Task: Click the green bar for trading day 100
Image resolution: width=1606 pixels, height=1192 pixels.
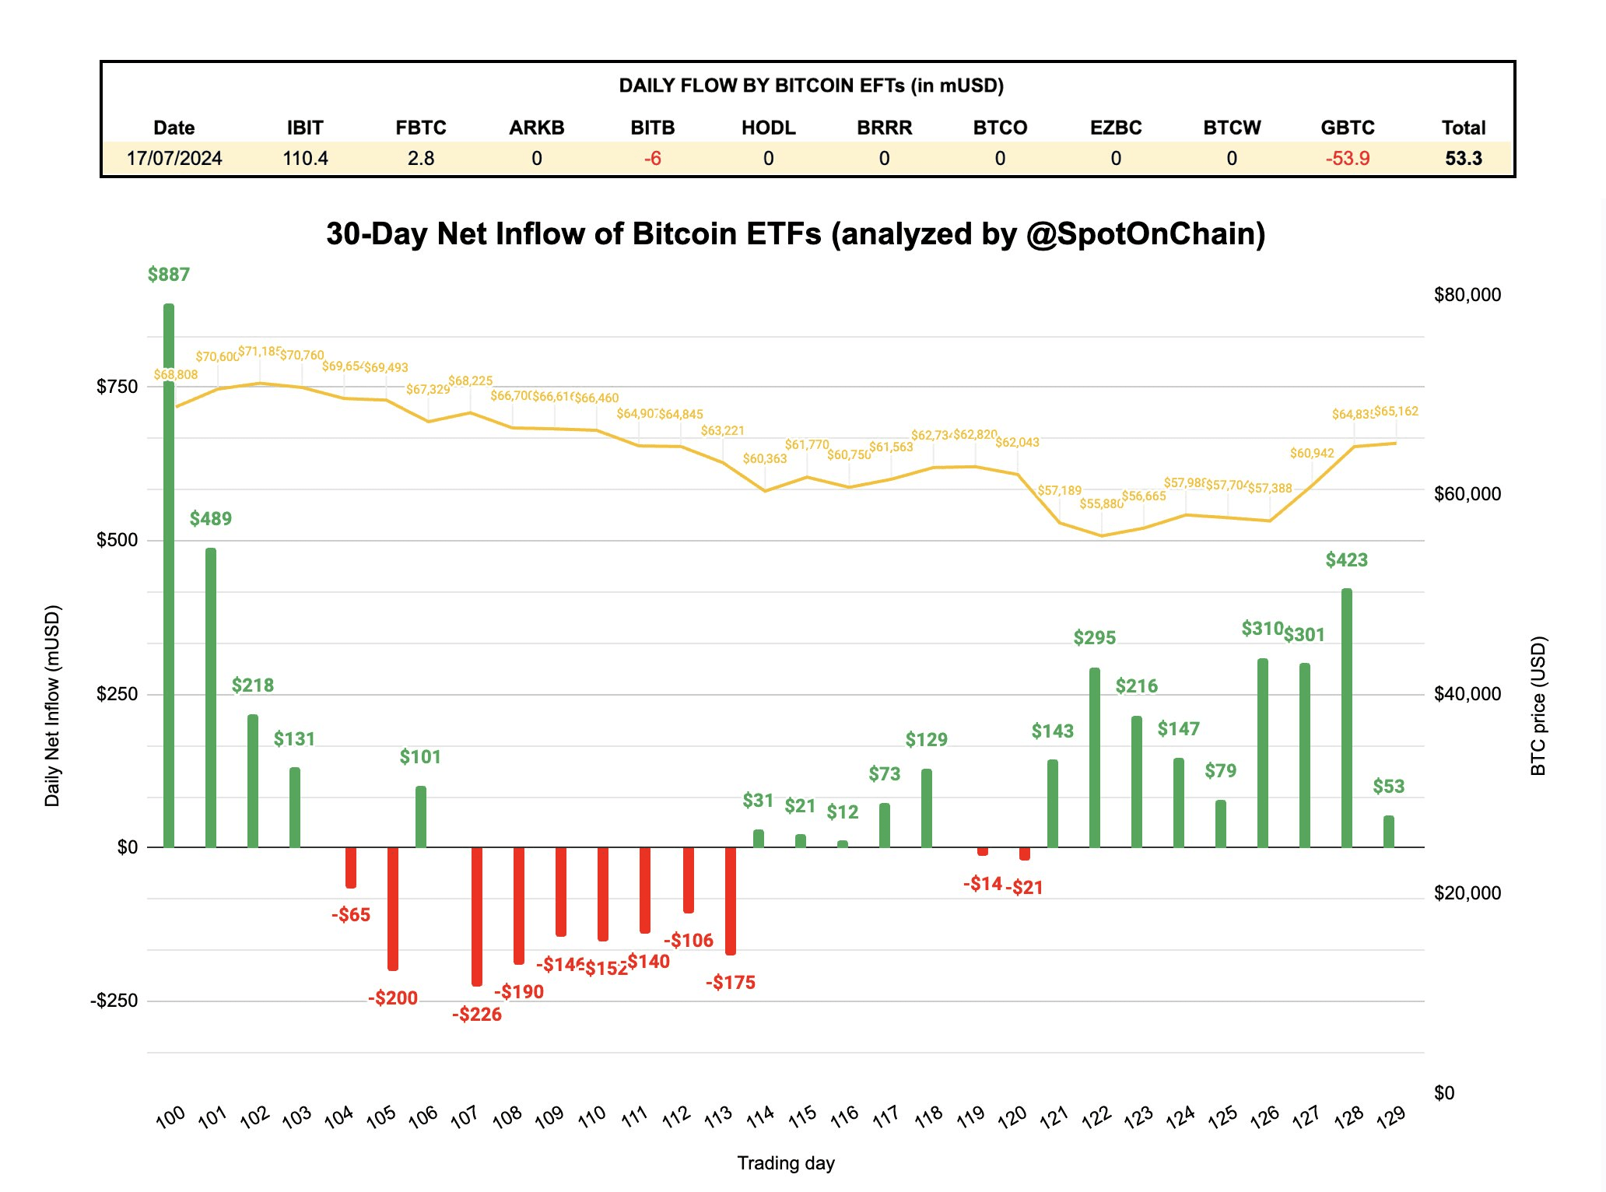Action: pyautogui.click(x=169, y=576)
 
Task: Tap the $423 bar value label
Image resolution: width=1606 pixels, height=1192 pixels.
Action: pyautogui.click(x=1346, y=560)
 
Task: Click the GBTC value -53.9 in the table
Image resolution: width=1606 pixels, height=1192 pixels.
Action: pyautogui.click(x=1348, y=159)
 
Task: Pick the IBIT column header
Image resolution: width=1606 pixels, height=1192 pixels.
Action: pyautogui.click(x=305, y=128)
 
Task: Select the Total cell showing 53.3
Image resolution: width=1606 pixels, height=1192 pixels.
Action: pyautogui.click(x=1464, y=159)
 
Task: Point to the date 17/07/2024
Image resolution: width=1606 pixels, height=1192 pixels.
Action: pyautogui.click(x=174, y=159)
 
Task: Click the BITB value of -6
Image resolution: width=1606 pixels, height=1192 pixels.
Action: pyautogui.click(x=652, y=159)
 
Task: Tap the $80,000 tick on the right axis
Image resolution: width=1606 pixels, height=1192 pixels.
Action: pyautogui.click(x=1467, y=295)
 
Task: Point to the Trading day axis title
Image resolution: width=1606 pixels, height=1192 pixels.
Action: pyautogui.click(x=786, y=1163)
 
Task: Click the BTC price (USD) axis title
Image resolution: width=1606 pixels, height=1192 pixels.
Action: pyautogui.click(x=1538, y=706)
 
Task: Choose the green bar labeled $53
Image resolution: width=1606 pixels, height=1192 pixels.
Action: pyautogui.click(x=1389, y=832)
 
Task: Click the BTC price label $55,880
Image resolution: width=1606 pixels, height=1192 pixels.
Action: pyautogui.click(x=1101, y=504)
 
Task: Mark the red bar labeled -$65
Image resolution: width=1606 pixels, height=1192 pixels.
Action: pyautogui.click(x=351, y=868)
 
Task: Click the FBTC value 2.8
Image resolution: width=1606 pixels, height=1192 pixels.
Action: pyautogui.click(x=421, y=159)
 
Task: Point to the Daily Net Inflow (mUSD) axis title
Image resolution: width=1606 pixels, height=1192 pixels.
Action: pyautogui.click(x=52, y=706)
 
